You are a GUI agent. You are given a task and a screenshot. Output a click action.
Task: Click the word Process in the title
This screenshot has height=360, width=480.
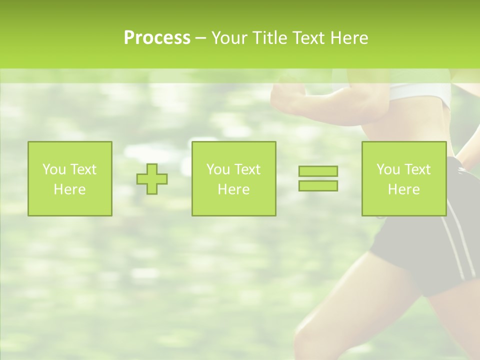coord(157,38)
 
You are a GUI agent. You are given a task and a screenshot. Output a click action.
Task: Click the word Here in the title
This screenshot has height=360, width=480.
coord(348,38)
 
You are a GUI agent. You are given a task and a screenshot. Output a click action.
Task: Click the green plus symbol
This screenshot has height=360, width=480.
coord(152,179)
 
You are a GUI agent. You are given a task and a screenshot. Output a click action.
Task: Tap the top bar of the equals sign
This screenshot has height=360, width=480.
coord(318,171)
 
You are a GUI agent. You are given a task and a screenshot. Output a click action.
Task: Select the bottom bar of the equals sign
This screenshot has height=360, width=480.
coord(318,185)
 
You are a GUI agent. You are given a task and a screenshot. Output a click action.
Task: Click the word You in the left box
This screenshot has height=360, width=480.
coord(54,169)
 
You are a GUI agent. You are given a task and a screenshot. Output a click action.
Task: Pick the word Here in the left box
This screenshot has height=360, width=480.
coord(69,189)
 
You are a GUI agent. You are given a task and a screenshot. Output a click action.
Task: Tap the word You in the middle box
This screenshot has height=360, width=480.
coord(218,169)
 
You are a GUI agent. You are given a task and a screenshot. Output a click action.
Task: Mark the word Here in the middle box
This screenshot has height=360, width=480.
coord(233,189)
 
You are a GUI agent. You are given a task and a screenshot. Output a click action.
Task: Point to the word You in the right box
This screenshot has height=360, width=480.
coord(388,169)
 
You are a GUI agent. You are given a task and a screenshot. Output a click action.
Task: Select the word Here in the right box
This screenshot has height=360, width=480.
coord(403,189)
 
